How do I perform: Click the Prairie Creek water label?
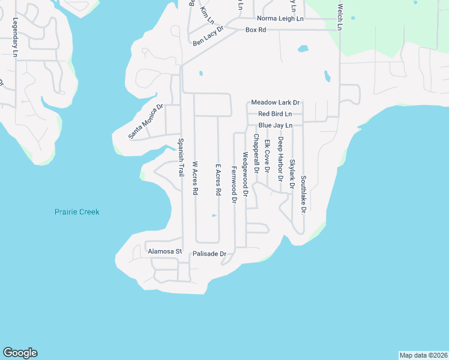click(x=77, y=212)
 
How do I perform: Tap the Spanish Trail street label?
click(x=180, y=157)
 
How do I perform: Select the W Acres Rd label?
click(x=194, y=178)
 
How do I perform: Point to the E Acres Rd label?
click(x=218, y=180)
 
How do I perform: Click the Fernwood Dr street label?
click(x=234, y=185)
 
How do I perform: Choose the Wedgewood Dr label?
click(x=245, y=174)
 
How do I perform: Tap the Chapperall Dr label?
click(x=256, y=154)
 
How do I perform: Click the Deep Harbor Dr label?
click(x=280, y=160)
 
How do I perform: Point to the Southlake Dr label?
click(x=304, y=194)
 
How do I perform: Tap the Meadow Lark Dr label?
click(x=275, y=103)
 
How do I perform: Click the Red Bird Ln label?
click(x=275, y=114)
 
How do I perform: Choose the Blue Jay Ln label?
click(x=275, y=125)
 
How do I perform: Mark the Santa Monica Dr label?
click(x=146, y=122)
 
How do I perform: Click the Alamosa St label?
click(x=164, y=252)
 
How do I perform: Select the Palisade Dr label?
click(x=209, y=254)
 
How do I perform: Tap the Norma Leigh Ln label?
click(x=280, y=19)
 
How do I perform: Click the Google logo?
click(x=20, y=353)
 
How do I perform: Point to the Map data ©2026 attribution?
click(x=423, y=355)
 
